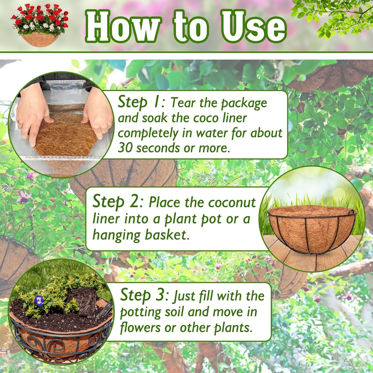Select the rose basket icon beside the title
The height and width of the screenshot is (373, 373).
(40, 25)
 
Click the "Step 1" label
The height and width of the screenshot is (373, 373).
(139, 102)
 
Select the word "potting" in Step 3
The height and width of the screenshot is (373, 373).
(141, 313)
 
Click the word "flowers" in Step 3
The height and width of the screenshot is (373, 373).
(140, 328)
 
